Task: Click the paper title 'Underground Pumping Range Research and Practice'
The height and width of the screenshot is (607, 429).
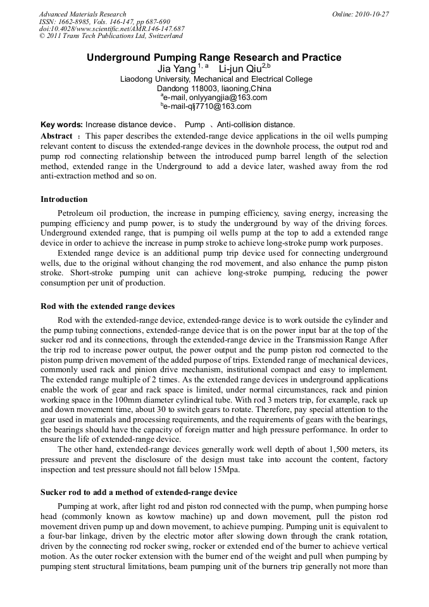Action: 214,58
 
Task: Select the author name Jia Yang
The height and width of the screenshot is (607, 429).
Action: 176,68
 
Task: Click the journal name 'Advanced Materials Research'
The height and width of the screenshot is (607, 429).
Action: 82,14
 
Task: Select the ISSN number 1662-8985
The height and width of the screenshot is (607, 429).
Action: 80,22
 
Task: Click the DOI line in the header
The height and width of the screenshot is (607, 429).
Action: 111,29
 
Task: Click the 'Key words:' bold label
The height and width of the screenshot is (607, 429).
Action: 61,125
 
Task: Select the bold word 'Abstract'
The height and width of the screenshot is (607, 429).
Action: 56,136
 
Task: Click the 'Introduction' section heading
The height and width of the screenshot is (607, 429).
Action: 64,199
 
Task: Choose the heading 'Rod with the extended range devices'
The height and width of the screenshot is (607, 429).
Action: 108,306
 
